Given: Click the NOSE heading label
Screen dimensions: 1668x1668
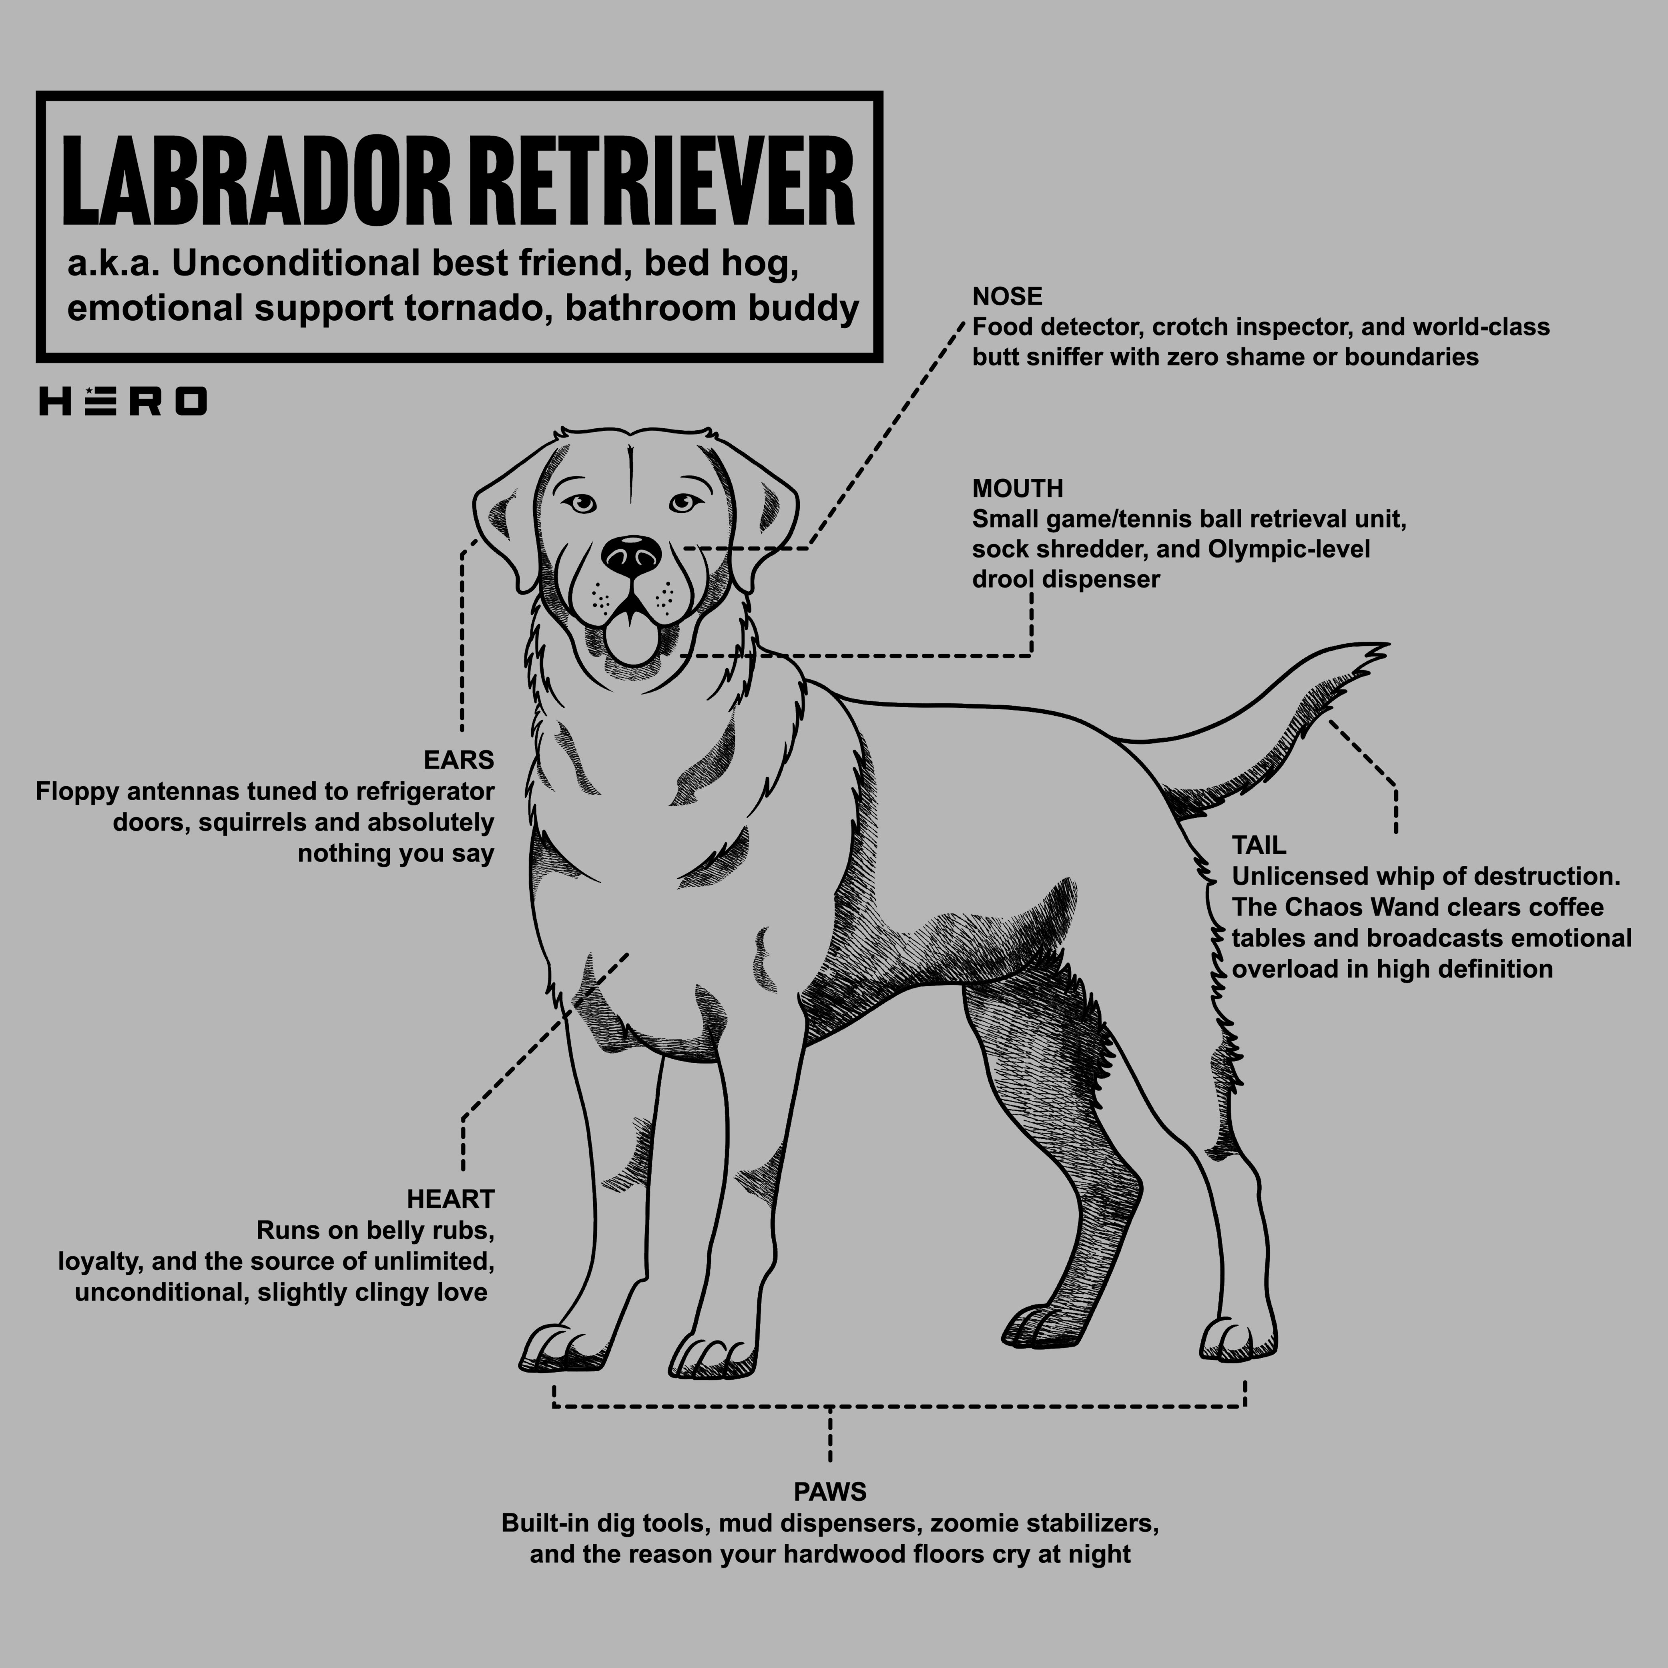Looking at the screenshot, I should (x=1007, y=297).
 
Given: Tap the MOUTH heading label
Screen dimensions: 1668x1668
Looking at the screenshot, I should (x=1017, y=489).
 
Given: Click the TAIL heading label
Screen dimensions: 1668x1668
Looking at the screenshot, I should (x=1258, y=845).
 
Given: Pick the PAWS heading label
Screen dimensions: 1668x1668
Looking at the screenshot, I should (x=830, y=1492).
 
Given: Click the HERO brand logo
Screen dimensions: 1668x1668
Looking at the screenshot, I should (x=122, y=401).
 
